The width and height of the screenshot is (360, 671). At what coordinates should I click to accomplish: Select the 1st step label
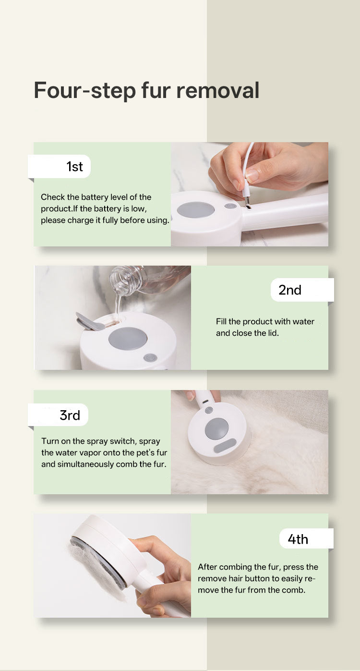click(74, 167)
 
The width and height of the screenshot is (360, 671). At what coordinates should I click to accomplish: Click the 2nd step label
click(290, 290)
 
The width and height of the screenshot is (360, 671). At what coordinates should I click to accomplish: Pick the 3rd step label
click(70, 415)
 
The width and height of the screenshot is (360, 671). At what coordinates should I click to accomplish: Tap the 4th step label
click(298, 539)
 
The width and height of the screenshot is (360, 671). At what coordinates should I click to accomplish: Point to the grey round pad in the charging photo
click(195, 209)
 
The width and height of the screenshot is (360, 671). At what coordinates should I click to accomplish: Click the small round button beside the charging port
click(230, 206)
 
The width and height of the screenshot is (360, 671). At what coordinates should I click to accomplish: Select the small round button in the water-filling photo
click(150, 358)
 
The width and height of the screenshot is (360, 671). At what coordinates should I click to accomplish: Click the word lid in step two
click(273, 333)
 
